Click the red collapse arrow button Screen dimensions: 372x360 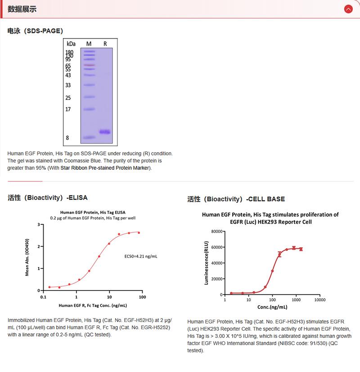pyautogui.click(x=348, y=9)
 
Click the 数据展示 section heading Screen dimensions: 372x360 pyautogui.click(x=22, y=9)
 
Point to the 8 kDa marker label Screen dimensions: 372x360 pyautogui.click(x=67, y=138)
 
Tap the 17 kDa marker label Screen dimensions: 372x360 pyautogui.click(x=68, y=109)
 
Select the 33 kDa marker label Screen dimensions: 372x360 pyautogui.click(x=68, y=85)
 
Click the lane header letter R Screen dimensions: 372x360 pyautogui.click(x=105, y=44)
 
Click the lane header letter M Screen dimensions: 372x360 pyautogui.click(x=89, y=44)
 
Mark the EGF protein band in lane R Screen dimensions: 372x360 pyautogui.click(x=105, y=132)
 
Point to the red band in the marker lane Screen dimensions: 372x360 pyautogui.click(x=89, y=65)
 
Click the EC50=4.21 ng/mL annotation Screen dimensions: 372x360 pyautogui.click(x=141, y=256)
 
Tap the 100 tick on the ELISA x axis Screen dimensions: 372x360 pyautogui.click(x=143, y=297)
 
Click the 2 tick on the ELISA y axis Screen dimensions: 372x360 pyautogui.click(x=39, y=246)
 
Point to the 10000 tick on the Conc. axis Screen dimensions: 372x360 pyautogui.click(x=319, y=299)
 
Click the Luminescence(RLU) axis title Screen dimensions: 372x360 pyautogui.click(x=207, y=263)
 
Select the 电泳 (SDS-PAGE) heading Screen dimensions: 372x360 pyautogui.click(x=35, y=31)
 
